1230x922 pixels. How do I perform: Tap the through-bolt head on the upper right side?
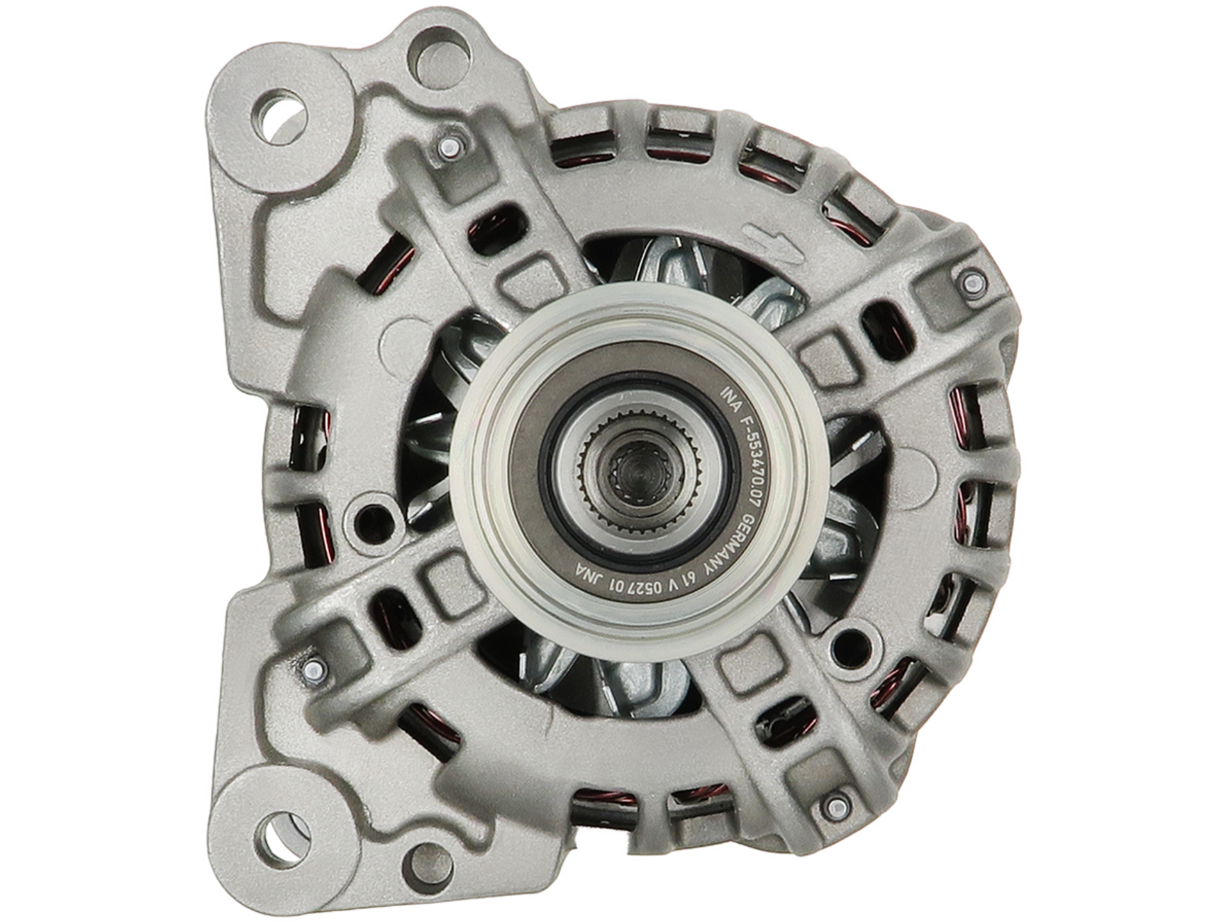pos(972,280)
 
